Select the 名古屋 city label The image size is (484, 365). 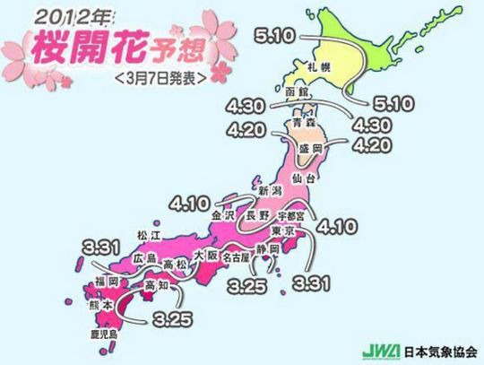tap(235, 256)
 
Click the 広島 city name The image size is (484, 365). tap(144, 258)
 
